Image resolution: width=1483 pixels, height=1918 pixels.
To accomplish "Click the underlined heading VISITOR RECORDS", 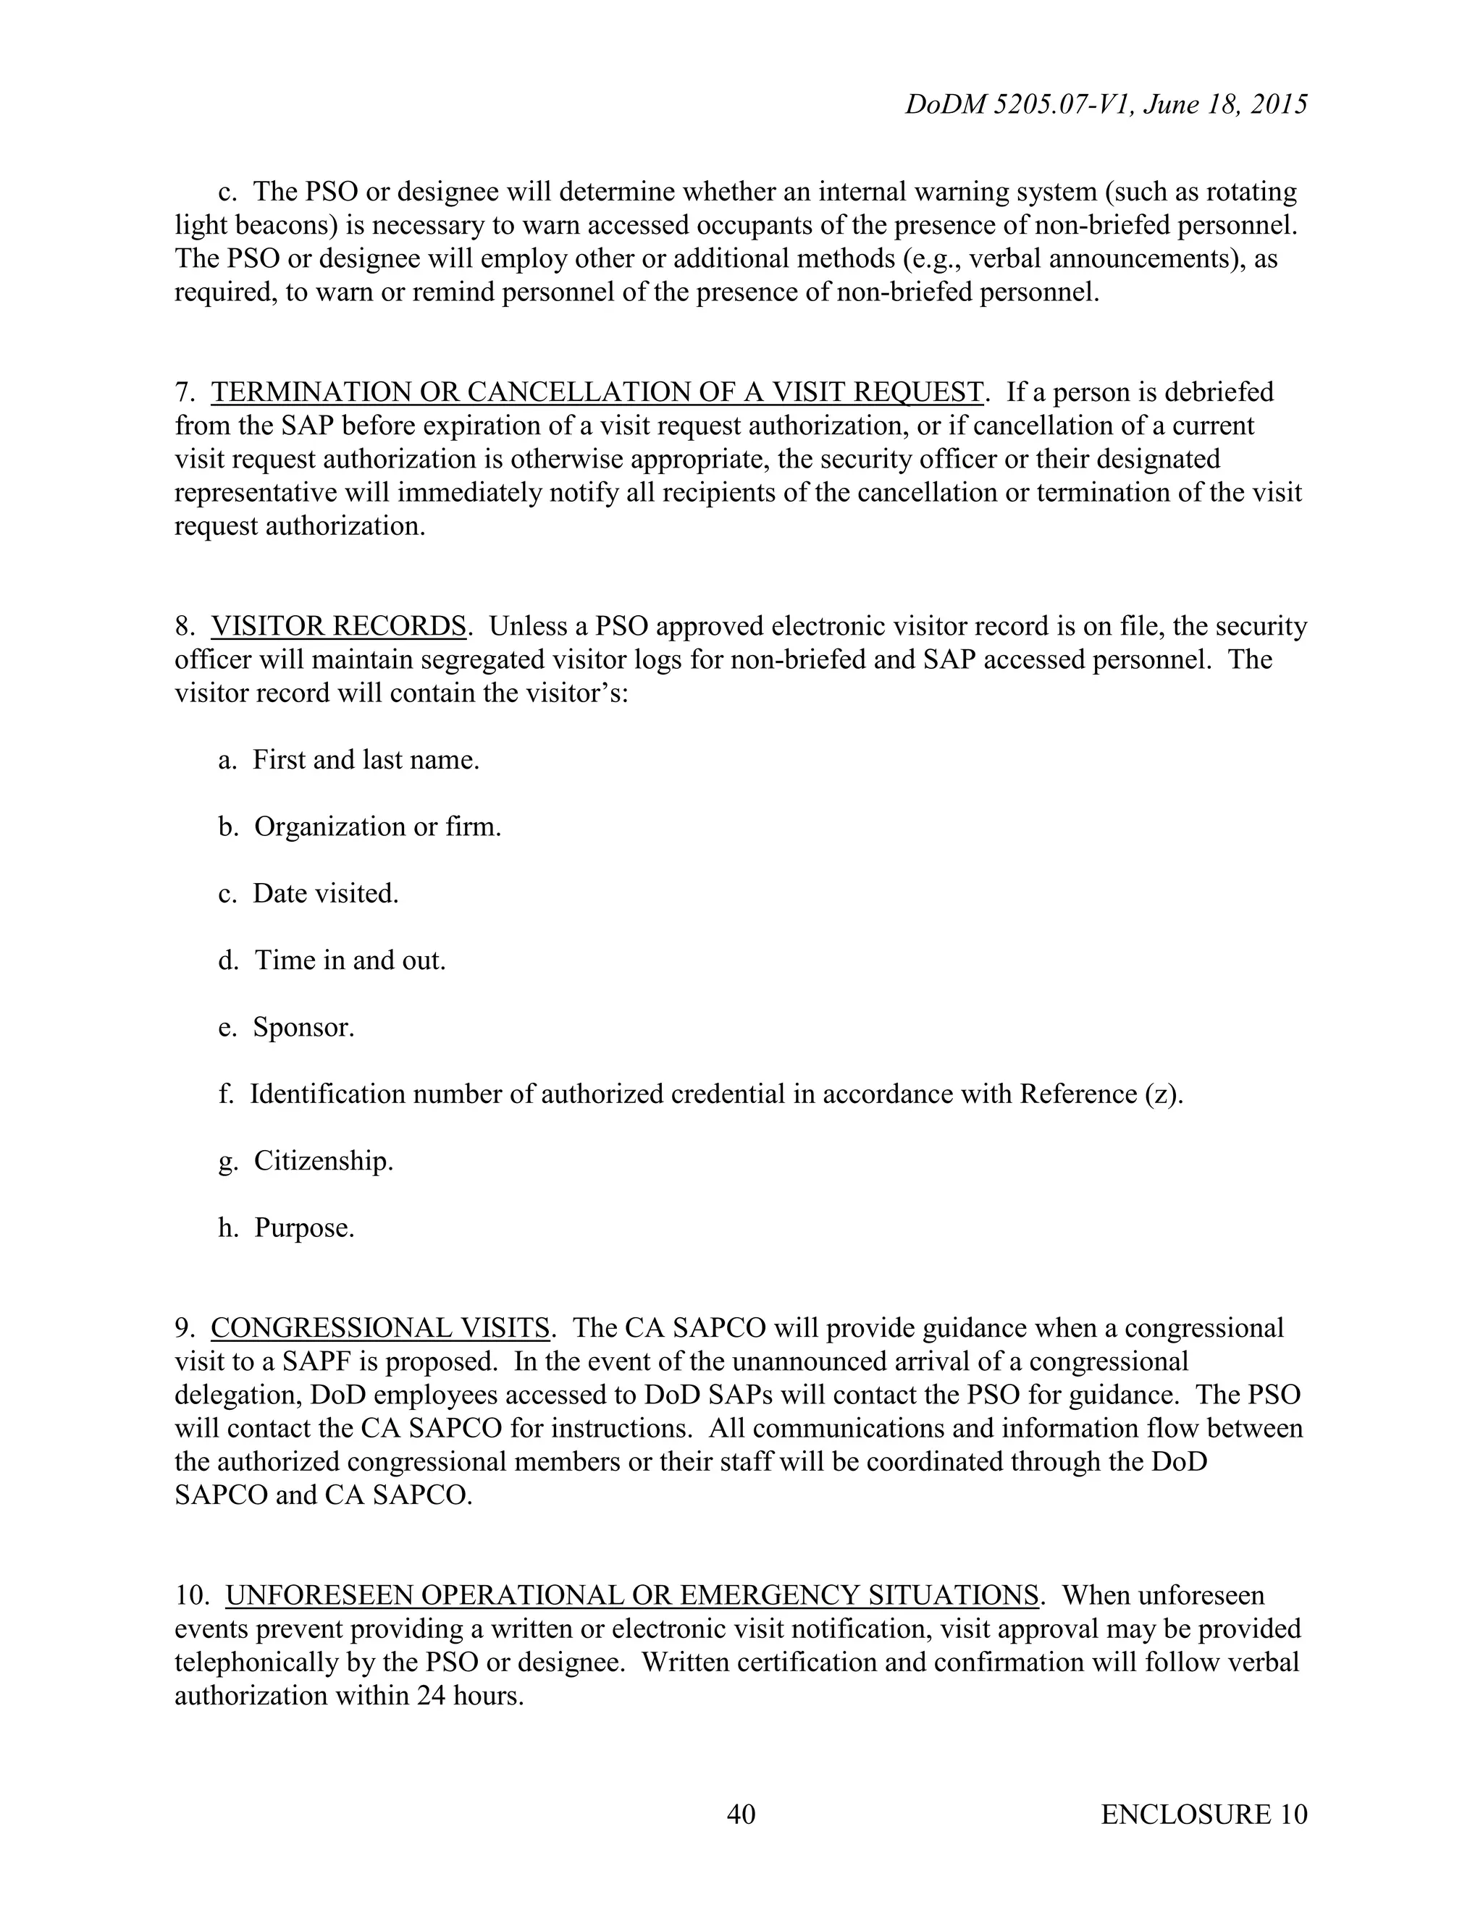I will tap(338, 626).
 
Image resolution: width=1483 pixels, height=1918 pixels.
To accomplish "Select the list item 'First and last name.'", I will tap(366, 760).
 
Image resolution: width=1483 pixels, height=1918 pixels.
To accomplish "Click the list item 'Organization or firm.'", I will tap(377, 827).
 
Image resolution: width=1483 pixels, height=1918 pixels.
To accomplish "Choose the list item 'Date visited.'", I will tap(325, 893).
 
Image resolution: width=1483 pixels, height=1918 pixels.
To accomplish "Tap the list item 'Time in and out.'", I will tap(350, 960).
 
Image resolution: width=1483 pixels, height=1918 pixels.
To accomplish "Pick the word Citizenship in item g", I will tap(322, 1161).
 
